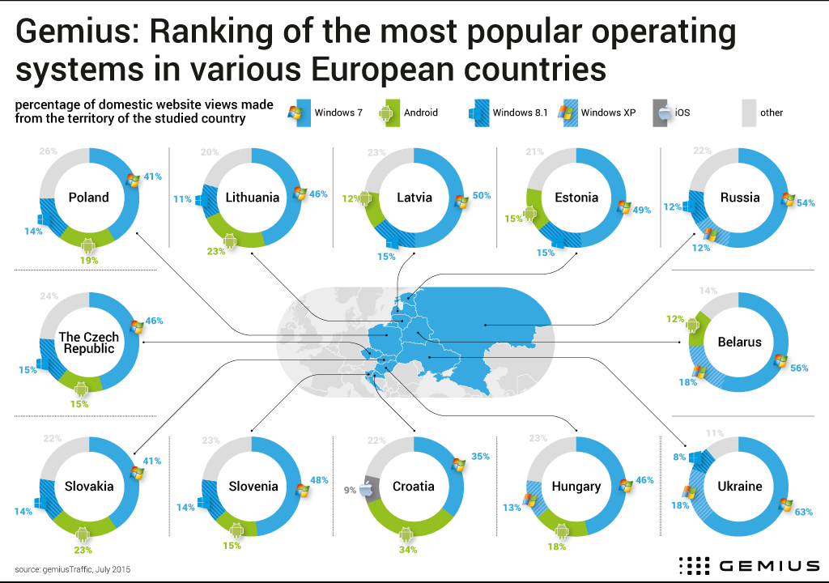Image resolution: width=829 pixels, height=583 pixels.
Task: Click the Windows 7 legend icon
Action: point(300,113)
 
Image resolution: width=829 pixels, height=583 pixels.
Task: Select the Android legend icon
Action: point(388,113)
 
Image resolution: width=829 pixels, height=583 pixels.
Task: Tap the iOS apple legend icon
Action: point(663,113)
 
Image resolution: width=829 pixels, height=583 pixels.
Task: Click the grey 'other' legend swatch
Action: point(747,113)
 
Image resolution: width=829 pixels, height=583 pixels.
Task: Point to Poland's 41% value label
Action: point(153,176)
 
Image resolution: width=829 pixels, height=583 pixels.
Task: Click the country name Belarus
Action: point(739,342)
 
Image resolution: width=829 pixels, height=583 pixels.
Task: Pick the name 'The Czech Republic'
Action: point(88,343)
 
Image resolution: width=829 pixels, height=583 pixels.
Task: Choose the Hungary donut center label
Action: point(576,487)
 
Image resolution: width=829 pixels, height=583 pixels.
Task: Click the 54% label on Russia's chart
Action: point(806,203)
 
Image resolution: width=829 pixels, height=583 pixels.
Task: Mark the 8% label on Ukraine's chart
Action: point(678,457)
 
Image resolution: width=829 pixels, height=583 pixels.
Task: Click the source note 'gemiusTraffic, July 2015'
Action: point(72,568)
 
